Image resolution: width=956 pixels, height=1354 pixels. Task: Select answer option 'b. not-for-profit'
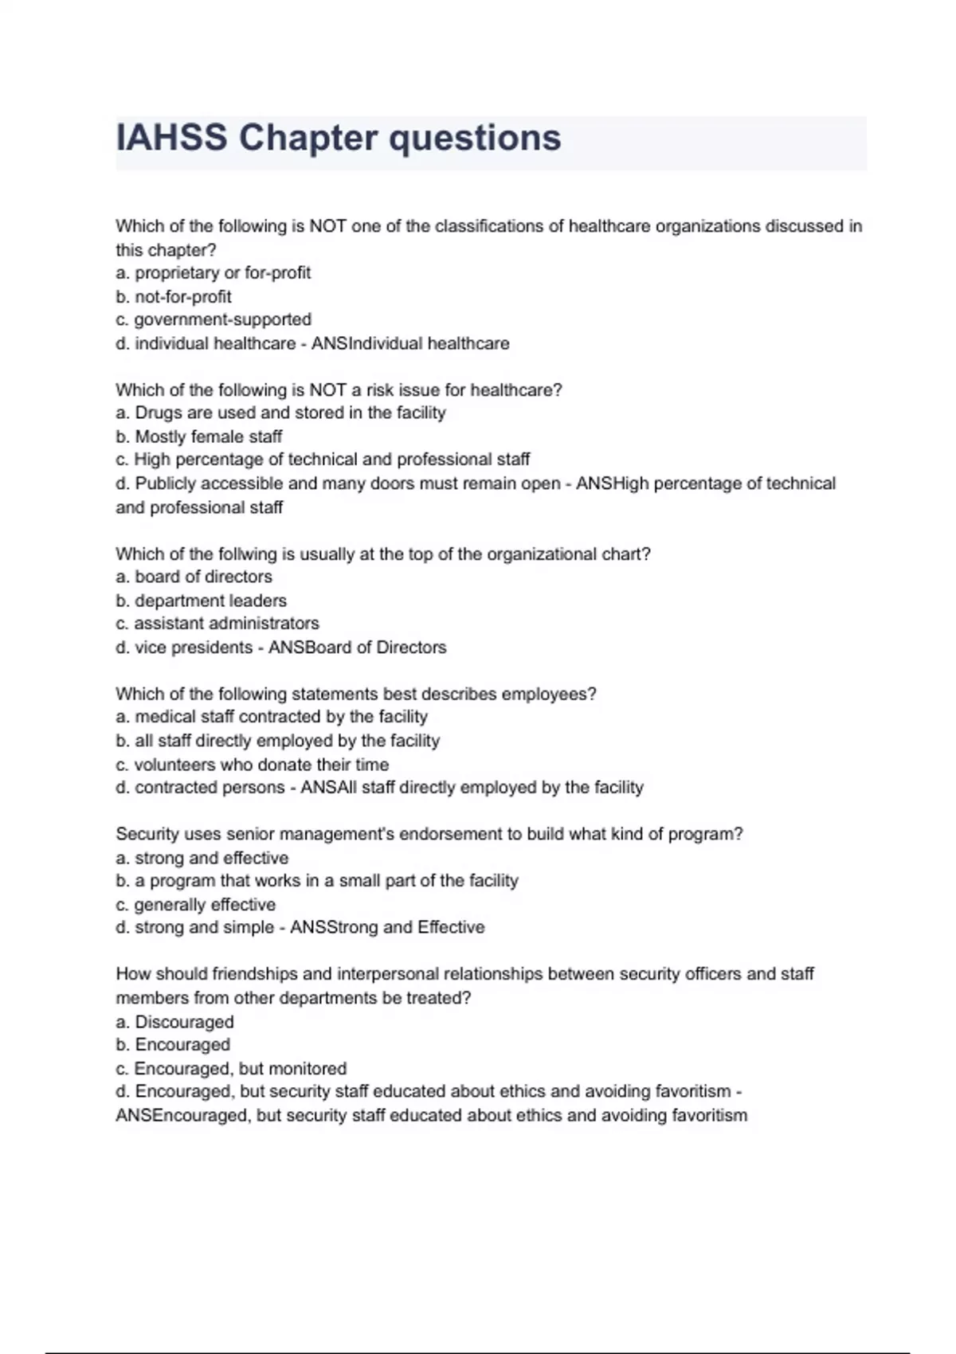[174, 296]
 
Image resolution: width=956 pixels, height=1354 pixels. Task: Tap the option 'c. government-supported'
[214, 319]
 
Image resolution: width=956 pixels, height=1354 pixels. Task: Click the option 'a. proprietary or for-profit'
[214, 272]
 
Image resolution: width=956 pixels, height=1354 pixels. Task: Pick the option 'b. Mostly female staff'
[199, 436]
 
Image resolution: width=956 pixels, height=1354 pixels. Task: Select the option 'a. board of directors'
[194, 577]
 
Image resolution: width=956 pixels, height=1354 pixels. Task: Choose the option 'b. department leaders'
[202, 601]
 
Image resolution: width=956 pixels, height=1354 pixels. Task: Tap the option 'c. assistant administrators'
[217, 623]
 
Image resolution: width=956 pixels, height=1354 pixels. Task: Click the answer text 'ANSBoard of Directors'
[357, 648]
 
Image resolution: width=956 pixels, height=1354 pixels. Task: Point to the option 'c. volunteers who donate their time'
[253, 765]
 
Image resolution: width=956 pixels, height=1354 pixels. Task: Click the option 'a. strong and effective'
[202, 858]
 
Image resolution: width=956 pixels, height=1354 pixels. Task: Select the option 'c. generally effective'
[196, 905]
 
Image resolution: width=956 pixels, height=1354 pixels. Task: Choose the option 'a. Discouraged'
[175, 1022]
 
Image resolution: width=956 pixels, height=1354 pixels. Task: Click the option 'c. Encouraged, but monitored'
[231, 1068]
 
